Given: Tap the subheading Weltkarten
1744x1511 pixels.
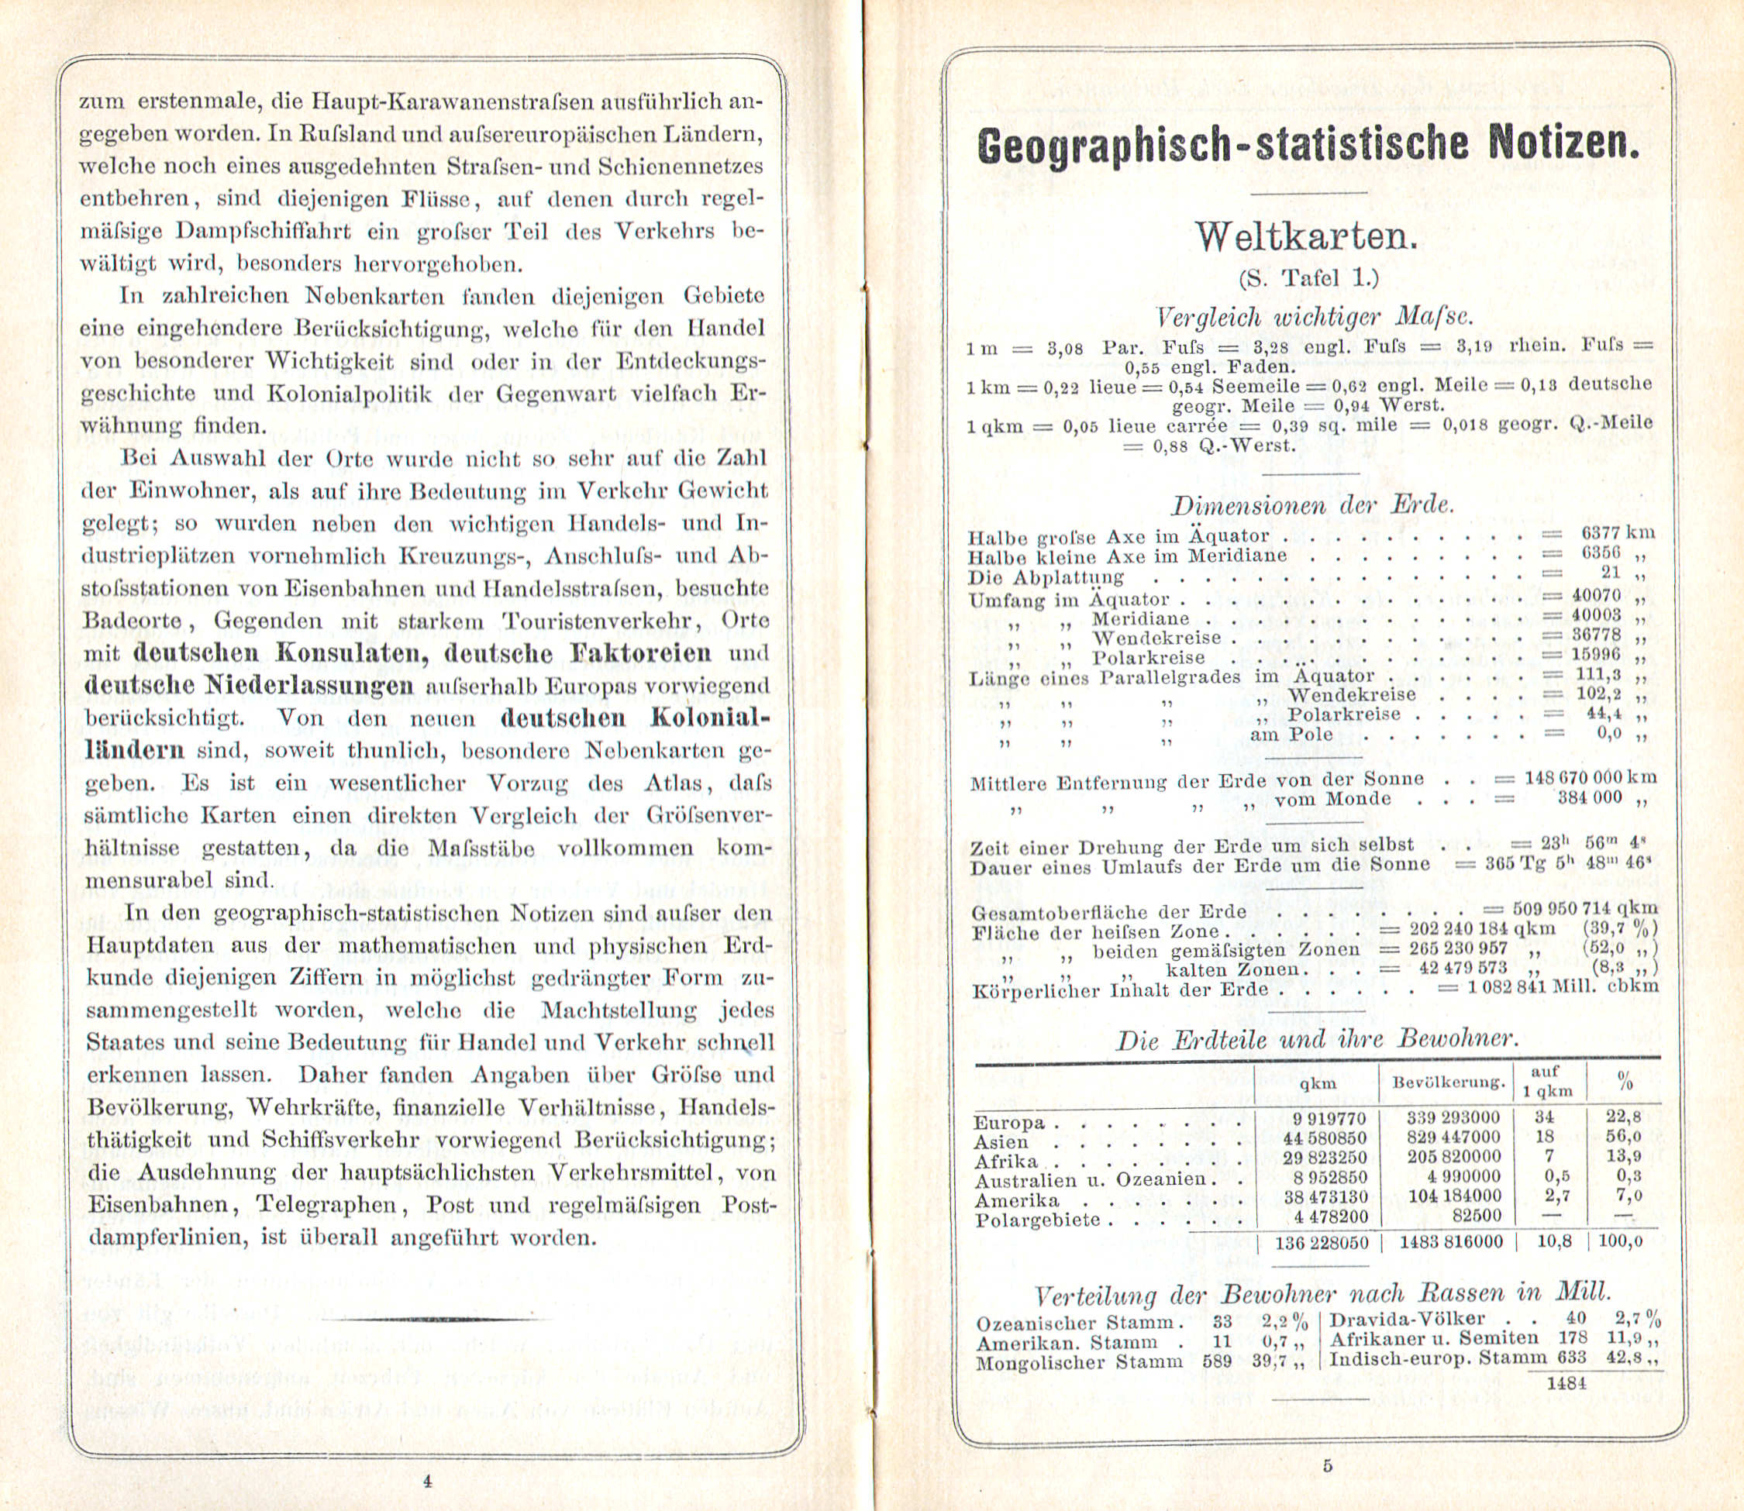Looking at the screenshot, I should tap(1306, 237).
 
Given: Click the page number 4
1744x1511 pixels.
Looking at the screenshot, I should tap(428, 1480).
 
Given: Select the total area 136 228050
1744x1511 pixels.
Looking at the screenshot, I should tap(1321, 1243).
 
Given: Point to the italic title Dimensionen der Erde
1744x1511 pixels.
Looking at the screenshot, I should tap(1312, 506).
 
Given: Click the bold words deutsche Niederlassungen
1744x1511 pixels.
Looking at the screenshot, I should tap(249, 686).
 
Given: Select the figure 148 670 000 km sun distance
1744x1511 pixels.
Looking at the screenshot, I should tap(1590, 777).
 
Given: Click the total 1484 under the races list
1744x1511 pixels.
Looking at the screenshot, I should tap(1568, 1383).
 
